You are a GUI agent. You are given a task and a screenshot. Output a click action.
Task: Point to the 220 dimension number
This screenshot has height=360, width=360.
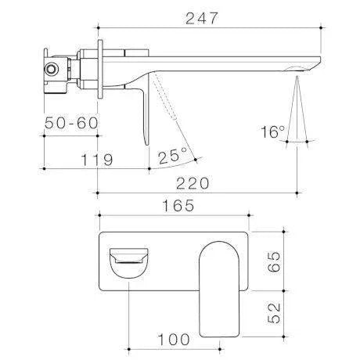click(194, 181)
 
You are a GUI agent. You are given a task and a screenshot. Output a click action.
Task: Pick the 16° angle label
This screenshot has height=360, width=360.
click(273, 132)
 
